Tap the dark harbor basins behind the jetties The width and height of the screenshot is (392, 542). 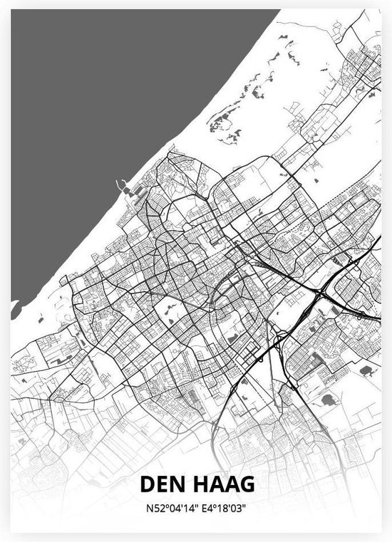coord(128,191)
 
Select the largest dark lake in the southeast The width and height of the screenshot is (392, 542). coord(329,400)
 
